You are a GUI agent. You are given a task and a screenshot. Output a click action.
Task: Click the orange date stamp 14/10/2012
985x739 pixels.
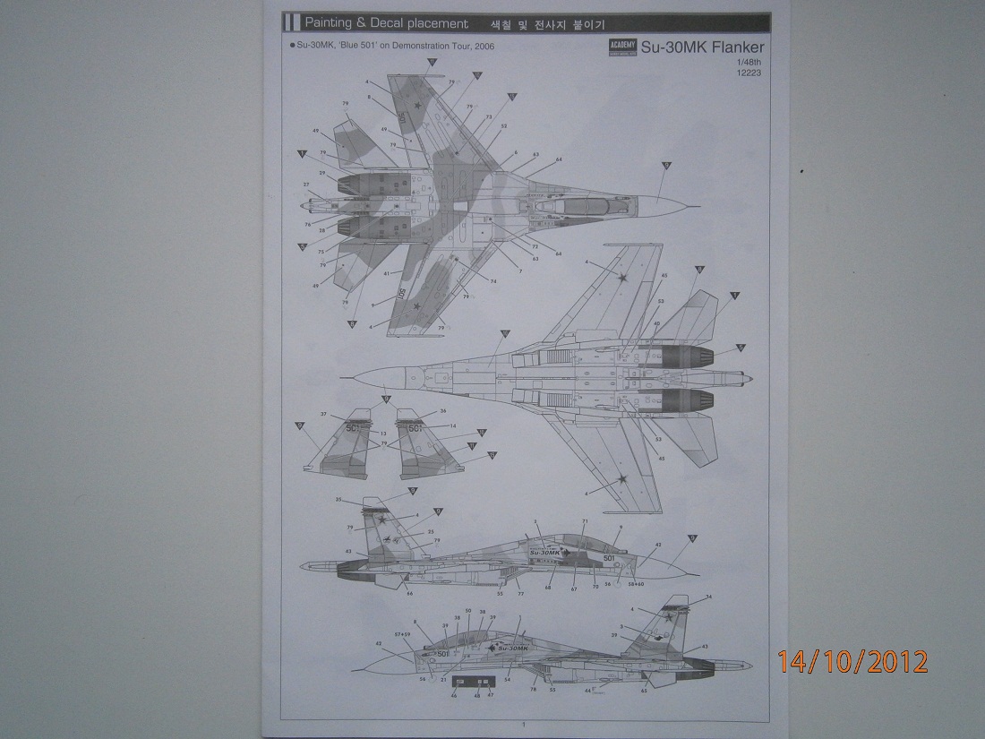[852, 661]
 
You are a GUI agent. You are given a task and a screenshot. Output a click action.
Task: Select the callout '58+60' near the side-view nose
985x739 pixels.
[637, 583]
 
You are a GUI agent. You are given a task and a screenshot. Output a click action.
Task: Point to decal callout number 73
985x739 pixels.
[489, 117]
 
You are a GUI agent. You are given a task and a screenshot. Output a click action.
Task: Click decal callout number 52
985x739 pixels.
[503, 126]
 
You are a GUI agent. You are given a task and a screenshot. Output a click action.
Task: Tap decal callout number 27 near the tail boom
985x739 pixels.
[305, 185]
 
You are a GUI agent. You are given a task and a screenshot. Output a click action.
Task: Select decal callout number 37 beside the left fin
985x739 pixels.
[324, 415]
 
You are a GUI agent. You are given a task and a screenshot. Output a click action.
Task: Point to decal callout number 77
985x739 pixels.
[520, 594]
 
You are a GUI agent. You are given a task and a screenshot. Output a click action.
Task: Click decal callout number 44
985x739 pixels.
[587, 691]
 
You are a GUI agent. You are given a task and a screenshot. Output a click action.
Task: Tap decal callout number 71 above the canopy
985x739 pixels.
[584, 521]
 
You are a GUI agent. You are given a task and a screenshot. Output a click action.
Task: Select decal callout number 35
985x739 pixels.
[338, 499]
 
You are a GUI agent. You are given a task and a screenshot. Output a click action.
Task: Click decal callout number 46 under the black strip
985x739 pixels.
[454, 695]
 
